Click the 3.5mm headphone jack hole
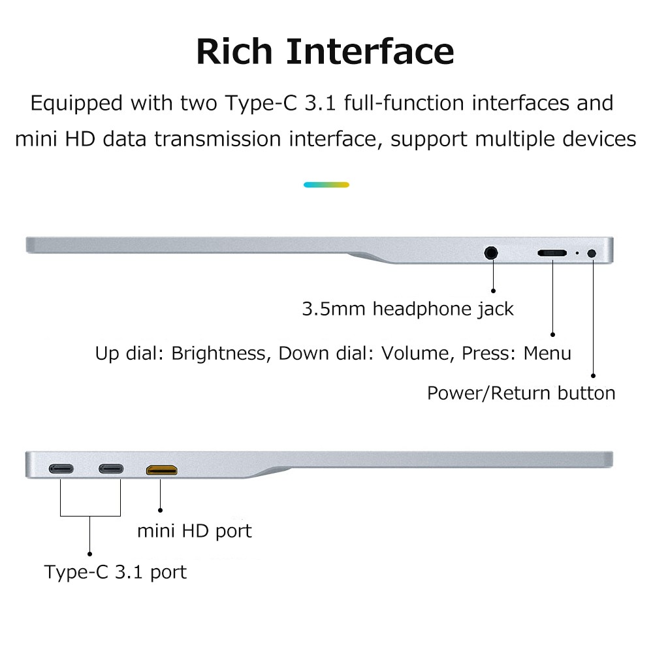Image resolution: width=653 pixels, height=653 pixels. point(492,252)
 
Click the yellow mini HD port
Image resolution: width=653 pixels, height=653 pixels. point(161,469)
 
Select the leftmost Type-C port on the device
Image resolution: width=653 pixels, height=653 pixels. point(61,469)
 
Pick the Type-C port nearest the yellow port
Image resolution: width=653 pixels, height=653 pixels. point(110,469)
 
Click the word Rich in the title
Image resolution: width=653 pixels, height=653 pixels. point(235,51)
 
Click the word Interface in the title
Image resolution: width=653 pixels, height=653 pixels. point(370,51)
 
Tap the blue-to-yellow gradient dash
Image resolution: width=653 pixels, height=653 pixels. point(326,185)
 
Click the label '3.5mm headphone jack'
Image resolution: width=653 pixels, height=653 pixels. point(407,309)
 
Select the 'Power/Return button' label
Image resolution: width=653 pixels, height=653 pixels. point(521,393)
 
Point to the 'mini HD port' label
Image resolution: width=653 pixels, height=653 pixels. point(194,531)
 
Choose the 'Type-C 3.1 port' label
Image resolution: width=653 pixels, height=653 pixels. point(115,573)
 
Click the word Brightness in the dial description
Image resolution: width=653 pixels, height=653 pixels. point(219,354)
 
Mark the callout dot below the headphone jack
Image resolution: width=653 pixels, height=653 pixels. point(493,291)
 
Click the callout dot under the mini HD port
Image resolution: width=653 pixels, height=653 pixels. point(160,509)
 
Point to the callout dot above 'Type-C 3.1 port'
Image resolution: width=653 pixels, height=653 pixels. point(90,552)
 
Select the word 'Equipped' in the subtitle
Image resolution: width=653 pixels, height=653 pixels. point(76,104)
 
